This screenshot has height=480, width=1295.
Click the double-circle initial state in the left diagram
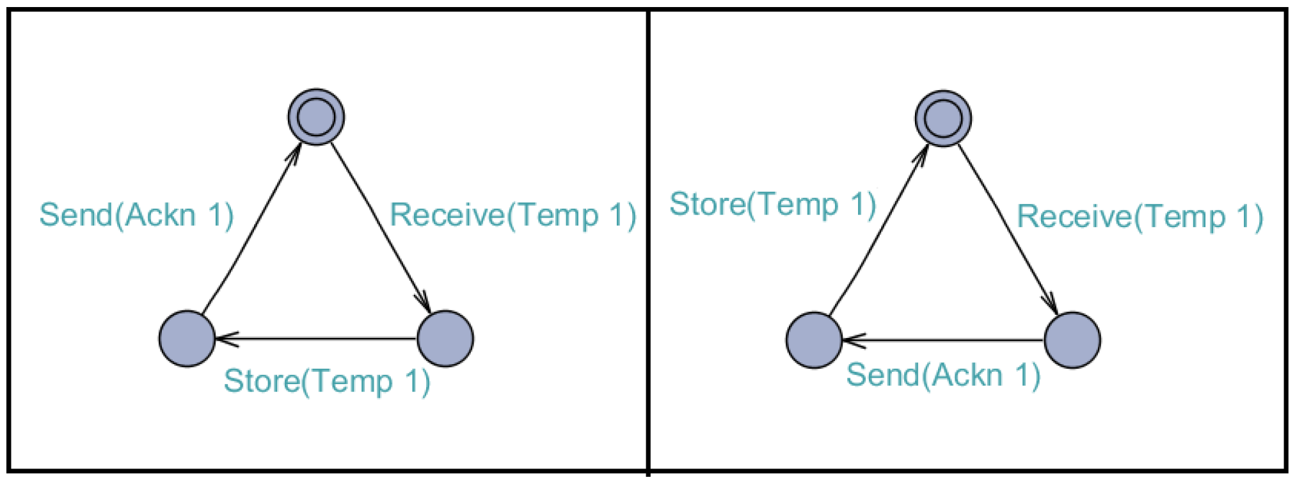pyautogui.click(x=316, y=117)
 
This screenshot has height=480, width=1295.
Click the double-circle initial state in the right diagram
pyautogui.click(x=943, y=118)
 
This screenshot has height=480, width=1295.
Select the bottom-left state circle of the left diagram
pyautogui.click(x=187, y=339)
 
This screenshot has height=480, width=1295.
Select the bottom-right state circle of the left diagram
pyautogui.click(x=445, y=339)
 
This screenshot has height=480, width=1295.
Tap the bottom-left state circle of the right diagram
pyautogui.click(x=814, y=340)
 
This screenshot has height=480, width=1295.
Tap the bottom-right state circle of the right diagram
pyautogui.click(x=1072, y=340)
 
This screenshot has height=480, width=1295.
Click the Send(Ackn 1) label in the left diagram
pyautogui.click(x=136, y=215)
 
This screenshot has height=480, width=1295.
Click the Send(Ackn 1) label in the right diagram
pyautogui.click(x=943, y=375)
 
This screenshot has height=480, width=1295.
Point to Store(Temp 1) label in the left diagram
pyautogui.click(x=327, y=381)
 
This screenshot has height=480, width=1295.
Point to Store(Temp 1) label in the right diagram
pyautogui.click(x=772, y=205)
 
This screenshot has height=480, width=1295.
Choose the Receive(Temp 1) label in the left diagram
pyautogui.click(x=513, y=215)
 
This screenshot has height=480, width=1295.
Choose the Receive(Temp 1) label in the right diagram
pyautogui.click(x=1140, y=217)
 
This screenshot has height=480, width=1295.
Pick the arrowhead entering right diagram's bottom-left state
pyautogui.click(x=854, y=340)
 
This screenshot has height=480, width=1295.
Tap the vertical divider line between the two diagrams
pyautogui.click(x=648, y=243)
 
